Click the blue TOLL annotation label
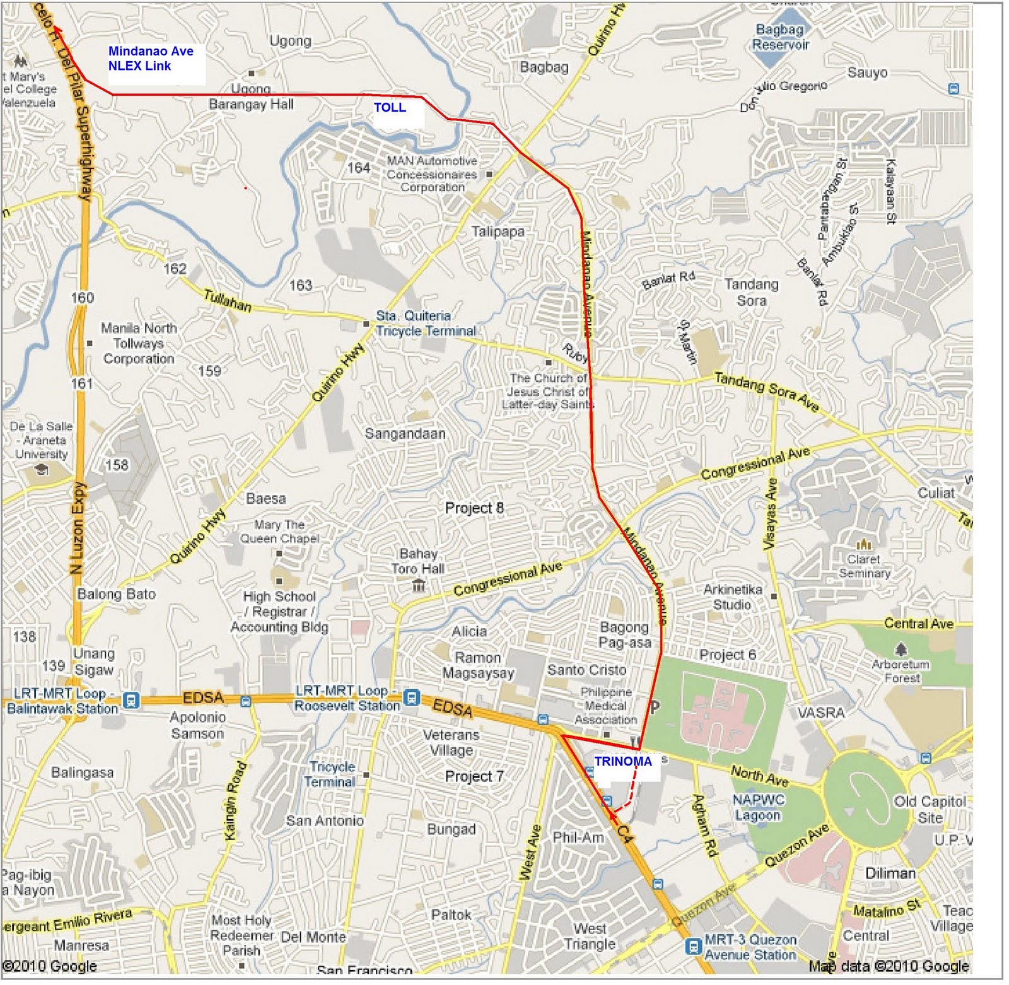coord(390,108)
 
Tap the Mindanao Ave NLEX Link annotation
coord(151,59)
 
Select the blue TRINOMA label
coord(622,762)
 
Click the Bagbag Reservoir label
coord(780,37)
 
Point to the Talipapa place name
coord(498,231)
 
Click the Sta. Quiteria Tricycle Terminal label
coord(426,323)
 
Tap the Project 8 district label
coord(474,508)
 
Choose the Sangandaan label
coord(405,434)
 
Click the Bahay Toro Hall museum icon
coord(417,586)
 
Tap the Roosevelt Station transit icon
coord(411,697)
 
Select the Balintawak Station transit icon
coord(131,700)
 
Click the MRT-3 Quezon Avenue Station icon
coord(693,947)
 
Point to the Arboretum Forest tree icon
coord(901,649)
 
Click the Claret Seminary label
coord(864,566)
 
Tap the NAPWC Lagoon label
coord(758,808)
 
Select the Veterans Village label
coord(451,743)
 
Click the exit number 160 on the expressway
coord(82,298)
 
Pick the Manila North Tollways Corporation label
coord(139,344)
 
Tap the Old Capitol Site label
coord(930,810)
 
